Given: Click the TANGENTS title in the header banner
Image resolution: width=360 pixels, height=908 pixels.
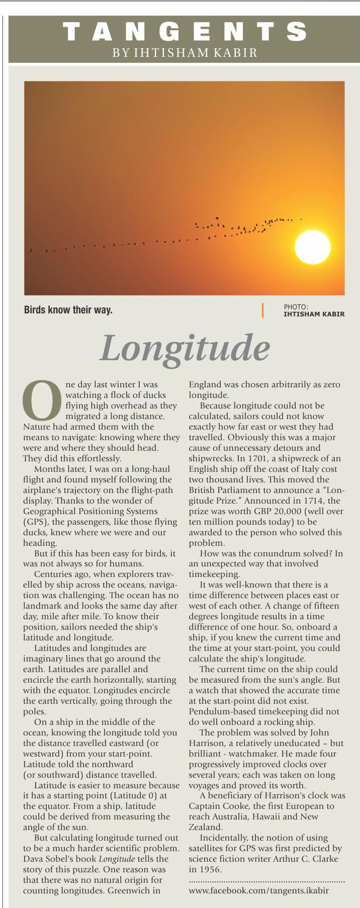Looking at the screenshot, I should pyautogui.click(x=185, y=32).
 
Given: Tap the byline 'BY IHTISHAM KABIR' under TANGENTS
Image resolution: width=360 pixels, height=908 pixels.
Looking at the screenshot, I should pyautogui.click(x=185, y=52).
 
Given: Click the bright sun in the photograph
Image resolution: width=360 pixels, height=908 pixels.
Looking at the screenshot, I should pyautogui.click(x=312, y=246).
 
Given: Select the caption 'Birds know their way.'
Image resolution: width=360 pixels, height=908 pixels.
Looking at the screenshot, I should pyautogui.click(x=68, y=310).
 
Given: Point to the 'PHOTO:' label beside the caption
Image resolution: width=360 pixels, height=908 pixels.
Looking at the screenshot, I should pyautogui.click(x=296, y=307).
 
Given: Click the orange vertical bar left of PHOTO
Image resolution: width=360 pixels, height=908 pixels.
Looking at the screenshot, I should pyautogui.click(x=262, y=310).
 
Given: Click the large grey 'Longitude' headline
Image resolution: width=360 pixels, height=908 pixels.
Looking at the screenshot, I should pyautogui.click(x=185, y=348).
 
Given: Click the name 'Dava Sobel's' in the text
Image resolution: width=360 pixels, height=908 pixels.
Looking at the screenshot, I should pyautogui.click(x=45, y=859).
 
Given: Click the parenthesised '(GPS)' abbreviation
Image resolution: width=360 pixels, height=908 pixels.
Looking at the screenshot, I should pyautogui.click(x=35, y=522).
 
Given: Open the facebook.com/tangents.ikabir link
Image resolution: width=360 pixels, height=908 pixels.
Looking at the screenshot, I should pyautogui.click(x=259, y=890).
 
